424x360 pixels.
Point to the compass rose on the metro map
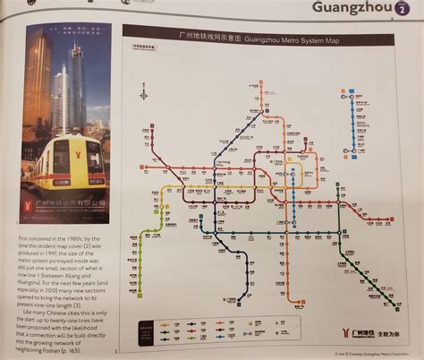[x=144, y=93]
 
